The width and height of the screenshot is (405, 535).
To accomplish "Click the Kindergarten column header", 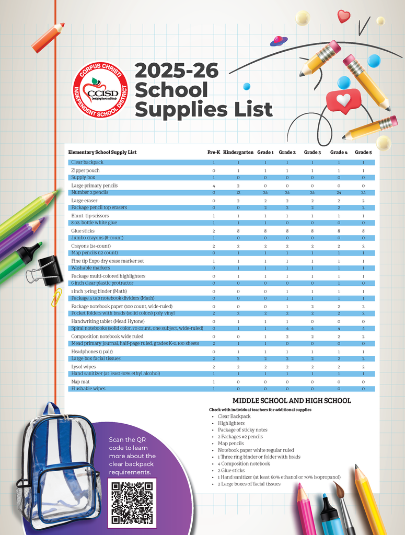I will point(238,153).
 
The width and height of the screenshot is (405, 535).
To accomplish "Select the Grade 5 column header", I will point(363,153).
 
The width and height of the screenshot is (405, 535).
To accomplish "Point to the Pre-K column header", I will point(214,153).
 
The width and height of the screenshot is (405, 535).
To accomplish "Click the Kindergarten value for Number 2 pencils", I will point(238,193).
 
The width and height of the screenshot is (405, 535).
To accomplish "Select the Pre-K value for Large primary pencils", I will point(214,185).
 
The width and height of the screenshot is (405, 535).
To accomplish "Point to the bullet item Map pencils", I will point(231,444).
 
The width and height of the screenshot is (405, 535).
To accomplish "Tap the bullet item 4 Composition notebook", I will point(244,463).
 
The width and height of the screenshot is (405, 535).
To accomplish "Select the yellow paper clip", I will point(56,297).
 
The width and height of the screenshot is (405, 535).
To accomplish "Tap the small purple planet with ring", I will point(279,40).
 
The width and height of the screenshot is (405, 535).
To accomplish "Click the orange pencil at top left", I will point(48,38).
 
